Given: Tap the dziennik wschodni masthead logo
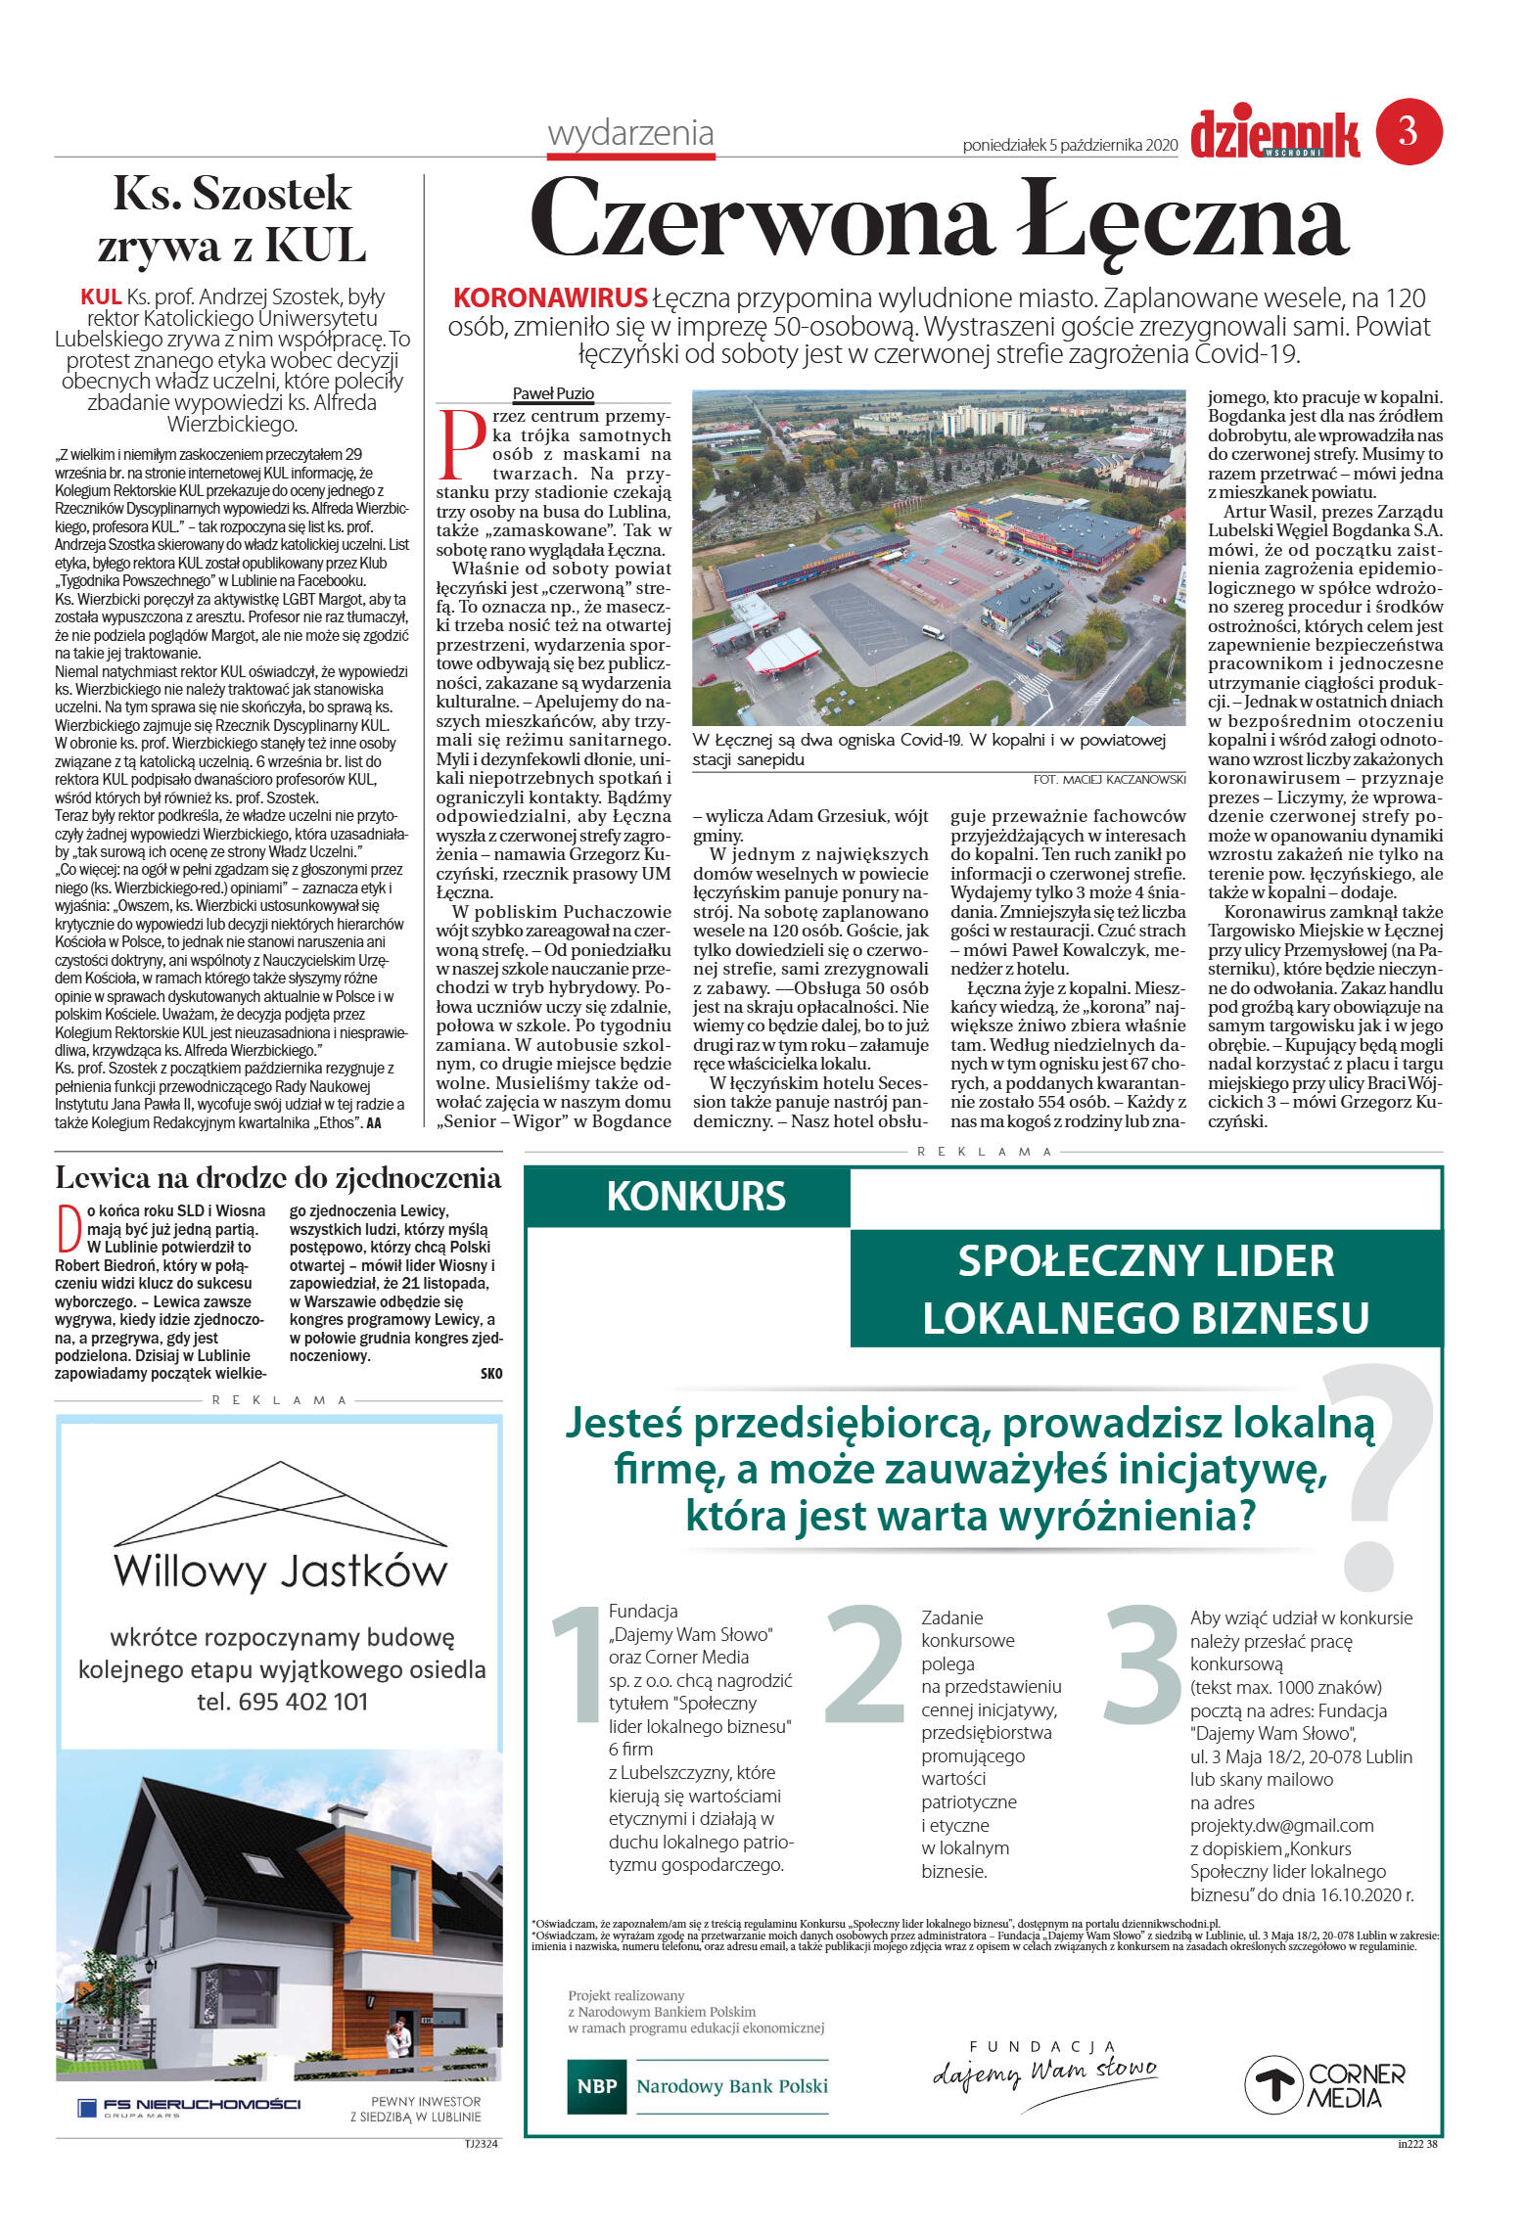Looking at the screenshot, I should coord(1274,135).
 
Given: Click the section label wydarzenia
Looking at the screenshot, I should coord(630,133).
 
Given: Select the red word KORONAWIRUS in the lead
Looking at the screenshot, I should coord(550,297).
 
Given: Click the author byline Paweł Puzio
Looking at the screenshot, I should coord(553,393).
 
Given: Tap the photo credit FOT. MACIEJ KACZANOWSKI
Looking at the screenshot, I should coord(1108,779).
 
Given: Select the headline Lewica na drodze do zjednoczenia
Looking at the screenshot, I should coord(278,1177).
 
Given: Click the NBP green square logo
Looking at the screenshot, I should coord(596,2084).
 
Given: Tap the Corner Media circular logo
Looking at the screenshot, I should coord(1272,2084).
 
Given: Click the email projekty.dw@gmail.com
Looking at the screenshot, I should coord(1281,1824).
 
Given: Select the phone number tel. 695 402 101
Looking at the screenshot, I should coord(282,1701).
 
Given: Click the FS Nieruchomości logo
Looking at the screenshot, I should coord(188,2106).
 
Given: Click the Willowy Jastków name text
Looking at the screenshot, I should coord(281,1572).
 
